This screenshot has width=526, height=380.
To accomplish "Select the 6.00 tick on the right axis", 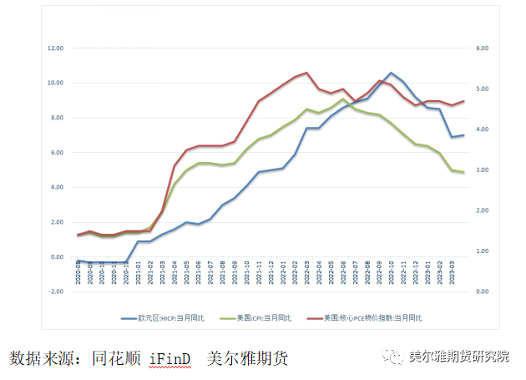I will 482,48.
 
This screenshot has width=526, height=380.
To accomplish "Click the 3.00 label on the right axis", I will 482,170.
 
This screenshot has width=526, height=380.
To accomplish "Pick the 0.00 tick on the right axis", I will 482,291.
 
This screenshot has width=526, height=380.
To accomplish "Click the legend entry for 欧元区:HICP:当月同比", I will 167,318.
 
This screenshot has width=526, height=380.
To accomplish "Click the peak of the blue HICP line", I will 391,73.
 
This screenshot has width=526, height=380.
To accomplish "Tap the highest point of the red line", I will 307,73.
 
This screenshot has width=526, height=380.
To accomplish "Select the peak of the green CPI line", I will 343,99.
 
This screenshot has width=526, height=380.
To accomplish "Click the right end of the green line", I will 463,172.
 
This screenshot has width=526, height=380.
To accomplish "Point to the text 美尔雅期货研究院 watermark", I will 458,357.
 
